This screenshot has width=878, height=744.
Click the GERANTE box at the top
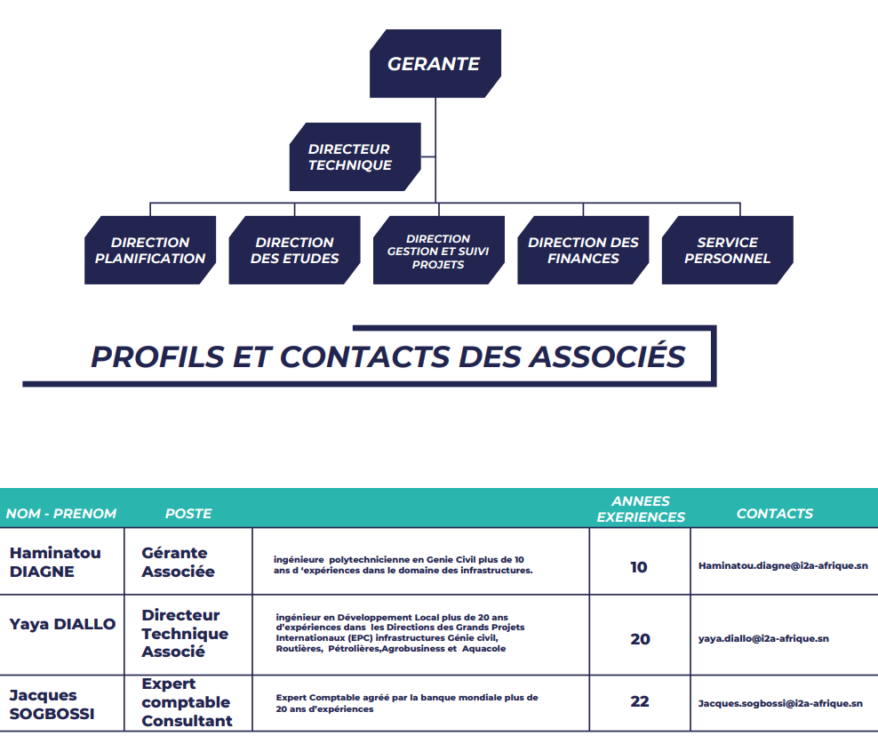tap(435, 63)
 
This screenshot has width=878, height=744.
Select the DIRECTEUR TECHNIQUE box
tap(355, 156)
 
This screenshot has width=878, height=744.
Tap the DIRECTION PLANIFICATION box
tap(150, 250)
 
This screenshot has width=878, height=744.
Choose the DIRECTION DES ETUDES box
tap(294, 250)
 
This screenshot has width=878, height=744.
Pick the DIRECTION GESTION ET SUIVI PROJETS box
tap(439, 250)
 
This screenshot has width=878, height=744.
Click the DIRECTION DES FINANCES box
tap(583, 250)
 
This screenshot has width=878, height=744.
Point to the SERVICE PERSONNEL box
tap(728, 250)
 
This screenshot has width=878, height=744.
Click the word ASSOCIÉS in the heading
tap(608, 356)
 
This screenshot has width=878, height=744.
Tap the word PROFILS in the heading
tap(157, 356)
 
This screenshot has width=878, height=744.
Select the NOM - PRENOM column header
tap(61, 513)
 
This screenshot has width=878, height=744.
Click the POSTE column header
tap(188, 513)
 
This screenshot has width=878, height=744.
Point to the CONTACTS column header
tap(774, 513)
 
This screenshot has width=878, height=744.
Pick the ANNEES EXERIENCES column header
tap(641, 508)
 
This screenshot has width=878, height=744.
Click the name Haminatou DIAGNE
tap(55, 562)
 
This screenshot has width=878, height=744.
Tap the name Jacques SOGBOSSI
tap(52, 704)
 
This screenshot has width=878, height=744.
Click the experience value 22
tap(640, 701)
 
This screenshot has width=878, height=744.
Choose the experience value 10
tap(638, 567)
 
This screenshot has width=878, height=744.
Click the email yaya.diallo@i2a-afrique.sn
tap(763, 638)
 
